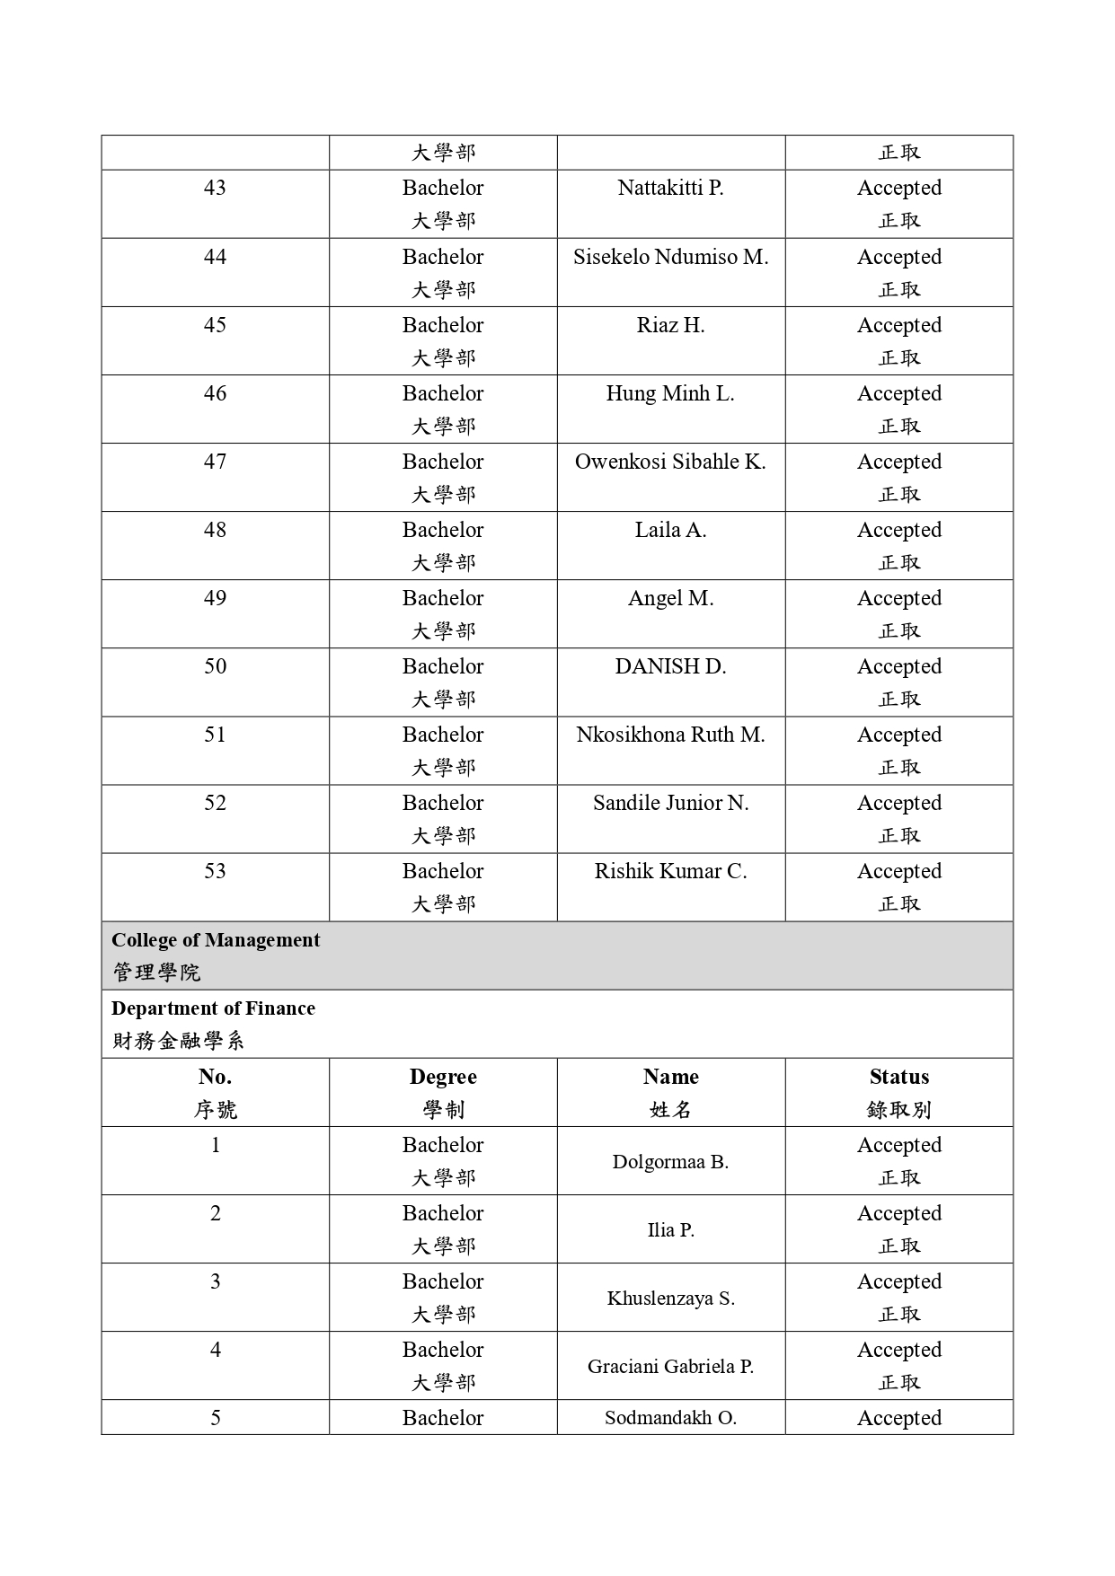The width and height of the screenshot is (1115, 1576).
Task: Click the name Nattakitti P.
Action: point(670,188)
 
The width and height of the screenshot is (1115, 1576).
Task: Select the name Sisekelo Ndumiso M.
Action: point(670,257)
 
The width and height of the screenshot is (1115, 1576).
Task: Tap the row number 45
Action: point(215,325)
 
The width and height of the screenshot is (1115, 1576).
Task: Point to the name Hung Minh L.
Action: point(670,393)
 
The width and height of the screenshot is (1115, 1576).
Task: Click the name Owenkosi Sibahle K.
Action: point(670,462)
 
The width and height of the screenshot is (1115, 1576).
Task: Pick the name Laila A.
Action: point(670,530)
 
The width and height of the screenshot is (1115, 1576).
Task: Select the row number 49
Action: point(215,598)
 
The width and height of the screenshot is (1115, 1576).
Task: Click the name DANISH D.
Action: point(670,666)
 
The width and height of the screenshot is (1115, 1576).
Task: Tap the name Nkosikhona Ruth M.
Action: point(670,735)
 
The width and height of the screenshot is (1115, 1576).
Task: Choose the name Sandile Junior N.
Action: point(670,803)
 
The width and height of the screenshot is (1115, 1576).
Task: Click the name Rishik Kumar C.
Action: point(670,871)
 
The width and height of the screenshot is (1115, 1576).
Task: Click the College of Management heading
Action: point(216,940)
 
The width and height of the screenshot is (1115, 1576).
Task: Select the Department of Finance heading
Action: point(213,1008)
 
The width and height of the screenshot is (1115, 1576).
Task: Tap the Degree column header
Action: point(443,1077)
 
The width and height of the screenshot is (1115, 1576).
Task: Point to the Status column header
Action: point(898,1077)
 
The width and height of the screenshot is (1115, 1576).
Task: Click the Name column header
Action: point(670,1077)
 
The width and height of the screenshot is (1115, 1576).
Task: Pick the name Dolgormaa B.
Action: point(670,1162)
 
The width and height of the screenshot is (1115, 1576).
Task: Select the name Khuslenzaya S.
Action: point(670,1299)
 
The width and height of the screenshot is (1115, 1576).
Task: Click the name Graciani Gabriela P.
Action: point(670,1367)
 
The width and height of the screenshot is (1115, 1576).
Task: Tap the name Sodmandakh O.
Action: point(670,1418)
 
